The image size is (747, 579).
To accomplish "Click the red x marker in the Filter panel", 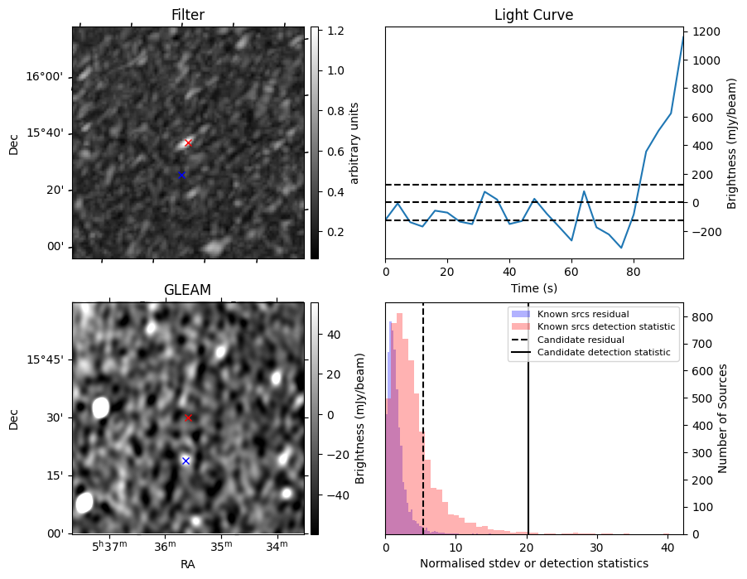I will tap(188, 142).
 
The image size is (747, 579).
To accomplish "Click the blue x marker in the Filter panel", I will tap(181, 175).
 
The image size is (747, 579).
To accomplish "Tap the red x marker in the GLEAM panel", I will tap(188, 417).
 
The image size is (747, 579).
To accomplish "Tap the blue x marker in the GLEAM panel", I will tap(186, 461).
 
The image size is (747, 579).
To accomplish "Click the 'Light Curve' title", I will tap(533, 15).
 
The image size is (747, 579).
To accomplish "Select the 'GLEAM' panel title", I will tap(188, 290).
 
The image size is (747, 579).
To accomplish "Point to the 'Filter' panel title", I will tap(188, 15).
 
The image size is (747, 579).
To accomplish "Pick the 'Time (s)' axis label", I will tap(533, 287).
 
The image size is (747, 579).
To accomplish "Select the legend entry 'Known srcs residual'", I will tap(583, 314).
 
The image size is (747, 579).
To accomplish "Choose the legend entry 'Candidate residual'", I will tap(583, 340).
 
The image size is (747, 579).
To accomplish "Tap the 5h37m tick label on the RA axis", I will tap(108, 546).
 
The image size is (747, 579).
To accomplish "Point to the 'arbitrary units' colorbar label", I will tap(354, 142).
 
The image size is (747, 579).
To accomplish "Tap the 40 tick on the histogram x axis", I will tap(667, 548).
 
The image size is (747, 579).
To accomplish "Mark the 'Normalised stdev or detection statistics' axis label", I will tap(533, 563).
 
